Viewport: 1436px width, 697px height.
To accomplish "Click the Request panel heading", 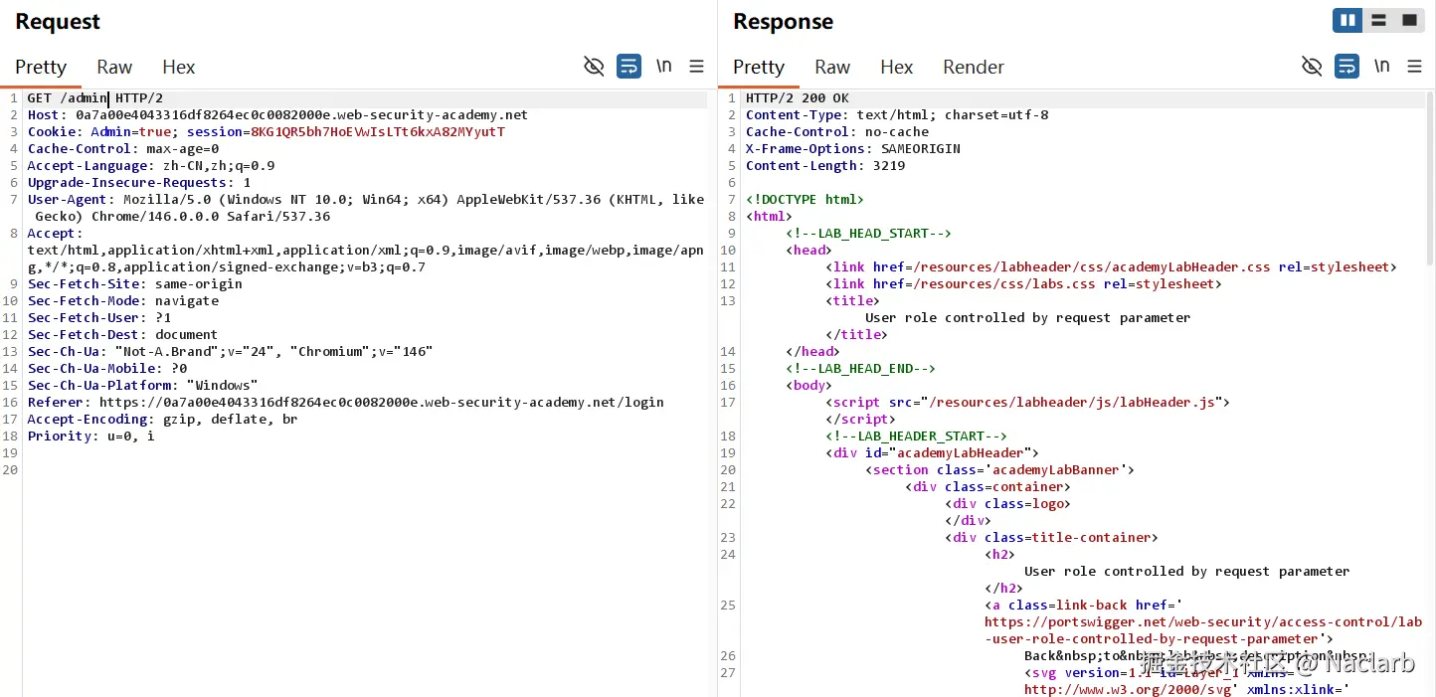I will [58, 22].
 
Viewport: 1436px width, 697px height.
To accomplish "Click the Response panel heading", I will [783, 22].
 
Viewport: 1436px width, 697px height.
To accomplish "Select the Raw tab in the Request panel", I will [114, 67].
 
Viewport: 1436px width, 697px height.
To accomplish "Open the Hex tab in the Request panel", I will [179, 67].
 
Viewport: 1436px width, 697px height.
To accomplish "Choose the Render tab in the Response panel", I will [973, 67].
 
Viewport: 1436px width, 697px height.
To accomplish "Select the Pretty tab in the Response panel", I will [759, 67].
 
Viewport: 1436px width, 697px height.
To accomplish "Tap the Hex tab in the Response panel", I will [896, 67].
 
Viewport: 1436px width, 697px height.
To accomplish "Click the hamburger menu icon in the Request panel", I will [696, 67].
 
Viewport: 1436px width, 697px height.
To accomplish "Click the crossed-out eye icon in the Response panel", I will [1312, 67].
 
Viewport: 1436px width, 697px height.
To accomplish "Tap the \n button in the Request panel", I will [663, 66].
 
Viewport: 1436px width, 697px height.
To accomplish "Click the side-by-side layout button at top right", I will [1347, 20].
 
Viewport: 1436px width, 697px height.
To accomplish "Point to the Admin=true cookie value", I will [138, 132].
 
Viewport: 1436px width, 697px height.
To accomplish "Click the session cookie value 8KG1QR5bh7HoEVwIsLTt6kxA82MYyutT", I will [378, 132].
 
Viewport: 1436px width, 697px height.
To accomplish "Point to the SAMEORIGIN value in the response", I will [921, 149].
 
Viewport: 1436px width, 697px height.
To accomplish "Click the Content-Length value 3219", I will [888, 166].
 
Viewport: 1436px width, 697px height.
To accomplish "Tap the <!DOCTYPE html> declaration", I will [805, 200].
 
